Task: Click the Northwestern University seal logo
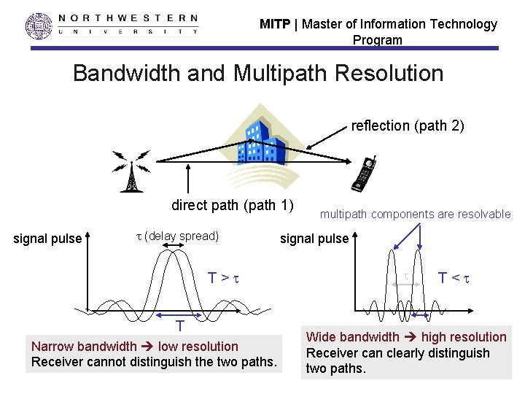39,26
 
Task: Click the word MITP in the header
275,24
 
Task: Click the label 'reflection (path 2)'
408,125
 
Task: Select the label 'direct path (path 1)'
233,204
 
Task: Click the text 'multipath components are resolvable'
416,214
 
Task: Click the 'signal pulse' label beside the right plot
314,238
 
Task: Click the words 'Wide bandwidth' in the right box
352,337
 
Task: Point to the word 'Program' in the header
377,40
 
